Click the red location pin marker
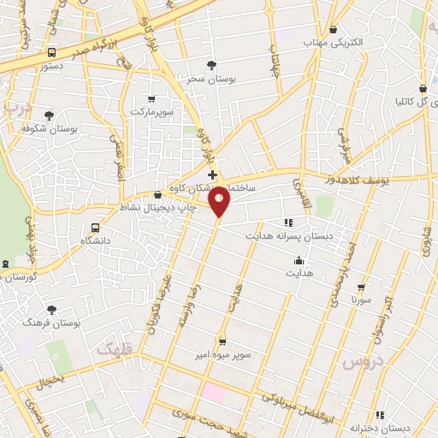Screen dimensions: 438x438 click(221, 202)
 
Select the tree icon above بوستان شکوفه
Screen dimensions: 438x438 click(49, 115)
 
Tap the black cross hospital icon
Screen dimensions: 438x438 click(212, 175)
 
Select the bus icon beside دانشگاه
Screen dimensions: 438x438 click(95, 228)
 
